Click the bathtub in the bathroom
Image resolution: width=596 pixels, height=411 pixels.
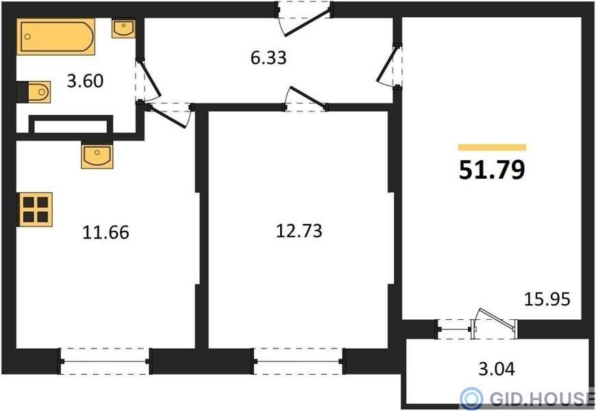coord(56,36)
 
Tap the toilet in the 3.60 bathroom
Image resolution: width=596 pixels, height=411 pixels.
coord(34,92)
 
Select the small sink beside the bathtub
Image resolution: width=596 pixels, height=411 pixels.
coord(123,29)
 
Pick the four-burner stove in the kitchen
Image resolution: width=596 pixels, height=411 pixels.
coord(36,210)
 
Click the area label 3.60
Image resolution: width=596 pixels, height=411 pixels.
coord(85,81)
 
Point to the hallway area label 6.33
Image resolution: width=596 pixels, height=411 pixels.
coord(269,58)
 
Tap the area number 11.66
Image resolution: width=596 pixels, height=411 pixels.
coord(105,232)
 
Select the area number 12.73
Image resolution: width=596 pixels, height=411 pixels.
coord(299,231)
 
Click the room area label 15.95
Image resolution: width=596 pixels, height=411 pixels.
coord(547,299)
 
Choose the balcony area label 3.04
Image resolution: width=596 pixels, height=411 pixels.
coord(497,369)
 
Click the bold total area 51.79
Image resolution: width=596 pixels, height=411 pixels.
coord(492,170)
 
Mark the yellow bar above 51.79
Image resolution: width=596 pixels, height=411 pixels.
coord(492,147)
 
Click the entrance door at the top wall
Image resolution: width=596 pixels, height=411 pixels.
coord(304,19)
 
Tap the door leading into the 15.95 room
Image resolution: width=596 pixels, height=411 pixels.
coord(389,66)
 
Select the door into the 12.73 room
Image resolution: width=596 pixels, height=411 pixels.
coord(306,99)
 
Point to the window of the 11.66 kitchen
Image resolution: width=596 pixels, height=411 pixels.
coord(105,361)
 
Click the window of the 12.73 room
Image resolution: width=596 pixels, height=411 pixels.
coord(299,361)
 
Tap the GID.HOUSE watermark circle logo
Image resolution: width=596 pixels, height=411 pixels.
coord(471,399)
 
